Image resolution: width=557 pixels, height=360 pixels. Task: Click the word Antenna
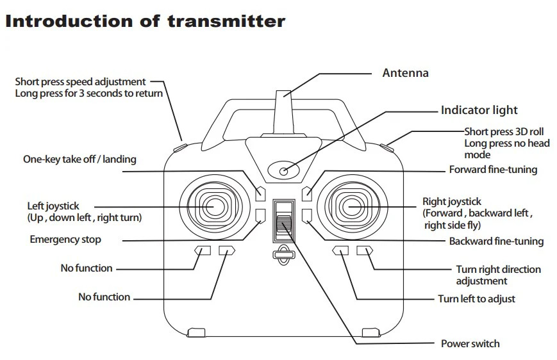[405, 73]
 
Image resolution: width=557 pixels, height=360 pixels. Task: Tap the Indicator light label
[479, 110]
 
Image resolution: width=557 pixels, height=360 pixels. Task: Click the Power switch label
[470, 343]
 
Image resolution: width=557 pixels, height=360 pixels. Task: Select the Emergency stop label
[65, 240]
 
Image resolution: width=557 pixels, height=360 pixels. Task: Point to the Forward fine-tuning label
[492, 170]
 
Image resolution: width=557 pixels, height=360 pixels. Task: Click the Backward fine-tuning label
[496, 241]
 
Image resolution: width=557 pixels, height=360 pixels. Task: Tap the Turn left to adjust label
[476, 299]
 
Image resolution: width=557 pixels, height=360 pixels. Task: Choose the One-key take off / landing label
[79, 159]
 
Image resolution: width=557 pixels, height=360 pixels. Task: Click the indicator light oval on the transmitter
[283, 170]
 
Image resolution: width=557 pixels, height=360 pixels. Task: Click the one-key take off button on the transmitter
[260, 192]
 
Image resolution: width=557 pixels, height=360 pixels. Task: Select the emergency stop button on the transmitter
[260, 215]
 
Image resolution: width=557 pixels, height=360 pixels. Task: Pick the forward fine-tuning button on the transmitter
[307, 192]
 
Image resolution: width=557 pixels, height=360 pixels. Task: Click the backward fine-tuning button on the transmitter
[307, 215]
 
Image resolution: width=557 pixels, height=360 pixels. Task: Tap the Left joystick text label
[53, 206]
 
